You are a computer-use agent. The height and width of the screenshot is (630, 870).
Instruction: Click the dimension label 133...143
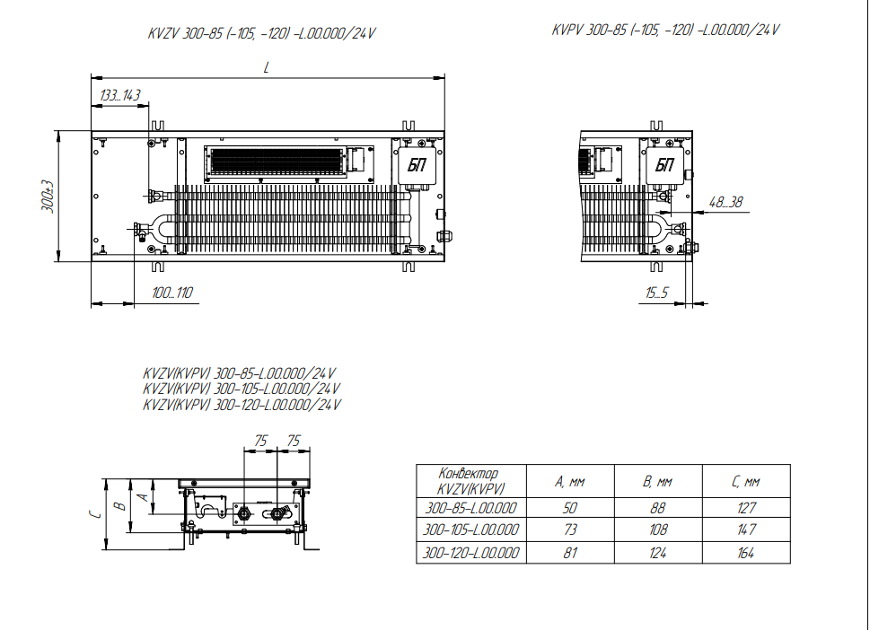(x=119, y=95)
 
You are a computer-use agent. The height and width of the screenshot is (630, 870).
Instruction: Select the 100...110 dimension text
(x=172, y=293)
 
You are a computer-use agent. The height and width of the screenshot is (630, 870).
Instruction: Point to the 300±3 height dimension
(x=48, y=196)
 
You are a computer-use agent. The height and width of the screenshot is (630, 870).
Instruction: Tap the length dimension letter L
(x=267, y=67)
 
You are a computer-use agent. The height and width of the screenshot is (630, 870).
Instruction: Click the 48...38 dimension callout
(x=725, y=202)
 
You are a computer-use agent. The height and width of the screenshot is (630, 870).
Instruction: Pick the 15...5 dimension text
(x=657, y=293)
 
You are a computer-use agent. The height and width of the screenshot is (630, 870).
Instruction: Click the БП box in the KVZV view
(x=417, y=165)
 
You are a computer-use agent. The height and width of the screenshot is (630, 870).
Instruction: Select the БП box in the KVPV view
(x=664, y=165)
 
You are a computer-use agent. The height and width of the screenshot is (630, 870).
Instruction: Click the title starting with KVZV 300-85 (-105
(x=261, y=33)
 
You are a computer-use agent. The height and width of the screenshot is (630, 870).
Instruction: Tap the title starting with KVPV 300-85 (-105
(x=665, y=30)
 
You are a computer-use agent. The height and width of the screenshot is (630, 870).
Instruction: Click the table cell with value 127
(x=746, y=508)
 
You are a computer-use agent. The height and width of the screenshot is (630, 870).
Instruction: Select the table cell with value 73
(x=570, y=529)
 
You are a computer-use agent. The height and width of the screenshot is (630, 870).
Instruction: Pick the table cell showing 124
(x=658, y=552)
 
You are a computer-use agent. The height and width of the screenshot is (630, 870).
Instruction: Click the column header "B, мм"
(x=658, y=481)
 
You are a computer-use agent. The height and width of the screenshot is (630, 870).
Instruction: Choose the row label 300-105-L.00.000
(x=471, y=529)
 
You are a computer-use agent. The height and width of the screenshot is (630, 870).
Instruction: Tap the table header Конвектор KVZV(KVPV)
(x=471, y=481)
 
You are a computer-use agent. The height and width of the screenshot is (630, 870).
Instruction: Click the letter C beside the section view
(x=95, y=514)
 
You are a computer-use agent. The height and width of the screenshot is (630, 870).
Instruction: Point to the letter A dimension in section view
(x=143, y=495)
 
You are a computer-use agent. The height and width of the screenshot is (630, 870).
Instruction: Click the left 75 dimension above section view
(x=260, y=441)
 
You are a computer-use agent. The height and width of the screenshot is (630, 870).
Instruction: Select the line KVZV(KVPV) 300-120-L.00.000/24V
(x=242, y=405)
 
